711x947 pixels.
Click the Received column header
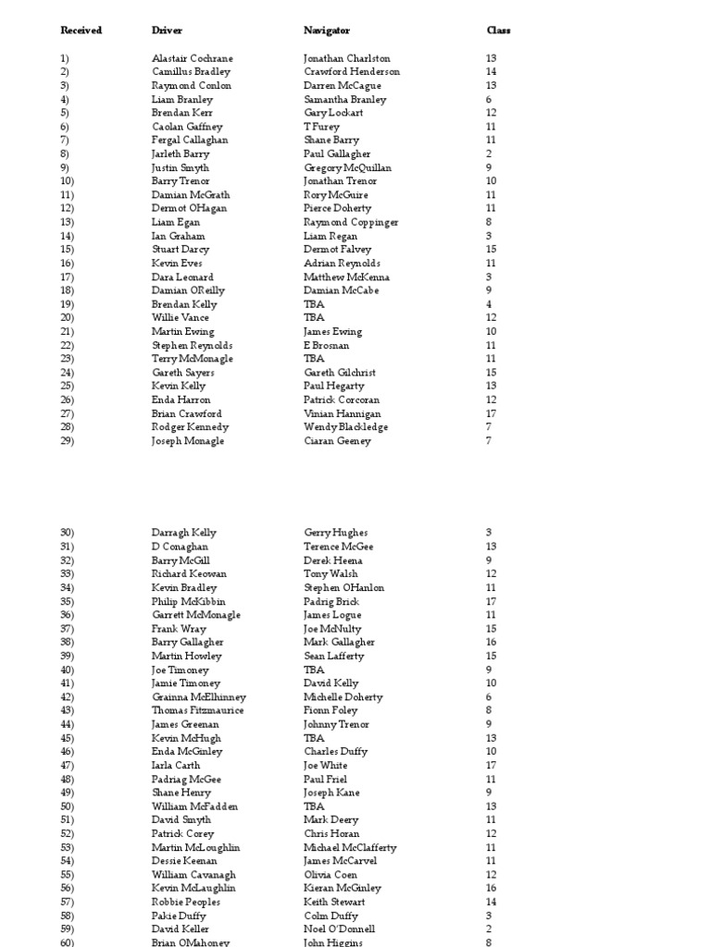pyautogui.click(x=81, y=31)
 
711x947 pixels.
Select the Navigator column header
pyautogui.click(x=327, y=31)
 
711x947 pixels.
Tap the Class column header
pyautogui.click(x=498, y=31)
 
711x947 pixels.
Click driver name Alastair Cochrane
pyautogui.click(x=193, y=58)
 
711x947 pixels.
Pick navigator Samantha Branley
pyautogui.click(x=345, y=99)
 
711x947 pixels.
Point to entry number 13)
pyautogui.click(x=67, y=222)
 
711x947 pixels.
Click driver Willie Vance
pyautogui.click(x=181, y=318)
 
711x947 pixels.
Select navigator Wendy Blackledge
pyautogui.click(x=345, y=427)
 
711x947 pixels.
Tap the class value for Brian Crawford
pyautogui.click(x=491, y=413)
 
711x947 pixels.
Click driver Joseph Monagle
pyautogui.click(x=188, y=441)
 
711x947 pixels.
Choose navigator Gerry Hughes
pyautogui.click(x=336, y=533)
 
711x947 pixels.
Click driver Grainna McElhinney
pyautogui.click(x=199, y=697)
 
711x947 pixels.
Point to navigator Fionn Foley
pyautogui.click(x=330, y=710)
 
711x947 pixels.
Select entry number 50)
pyautogui.click(x=67, y=806)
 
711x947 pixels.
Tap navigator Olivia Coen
pyautogui.click(x=331, y=875)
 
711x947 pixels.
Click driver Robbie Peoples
pyautogui.click(x=186, y=902)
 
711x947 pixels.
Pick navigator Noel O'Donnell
pyautogui.click(x=340, y=929)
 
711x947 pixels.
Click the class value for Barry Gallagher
pyautogui.click(x=491, y=642)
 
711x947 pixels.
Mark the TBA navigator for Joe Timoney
pyautogui.click(x=314, y=670)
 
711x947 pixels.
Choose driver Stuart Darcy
pyautogui.click(x=181, y=250)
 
